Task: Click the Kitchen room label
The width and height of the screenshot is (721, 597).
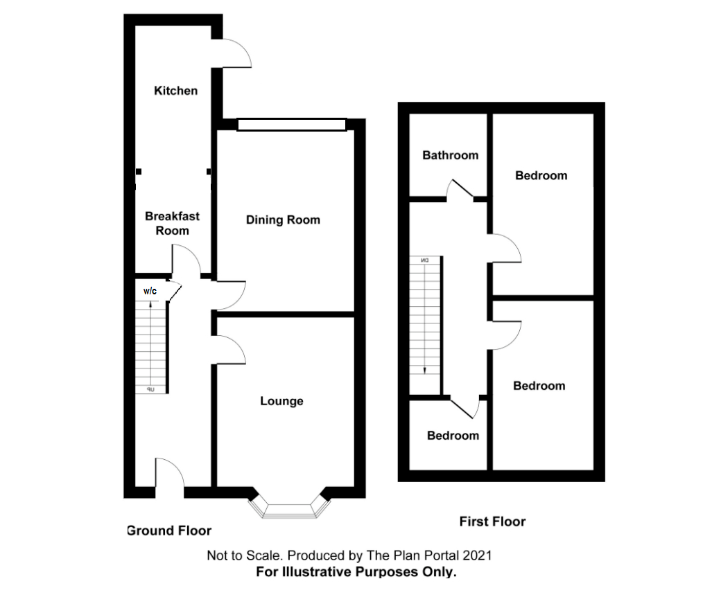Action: tap(175, 91)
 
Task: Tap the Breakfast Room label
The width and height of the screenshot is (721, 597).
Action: tap(172, 223)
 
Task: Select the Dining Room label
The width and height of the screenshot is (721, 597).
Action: tap(283, 220)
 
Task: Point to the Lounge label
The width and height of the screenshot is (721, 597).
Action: tap(281, 401)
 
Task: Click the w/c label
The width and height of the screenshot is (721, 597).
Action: tap(150, 291)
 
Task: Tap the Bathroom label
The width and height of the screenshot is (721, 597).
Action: tap(450, 155)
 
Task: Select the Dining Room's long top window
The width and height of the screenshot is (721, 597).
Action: tap(291, 124)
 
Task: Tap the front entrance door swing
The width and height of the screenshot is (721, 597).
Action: tap(170, 476)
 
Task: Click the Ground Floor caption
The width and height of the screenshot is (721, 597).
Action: tap(169, 531)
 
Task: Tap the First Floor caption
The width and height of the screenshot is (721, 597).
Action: tap(492, 522)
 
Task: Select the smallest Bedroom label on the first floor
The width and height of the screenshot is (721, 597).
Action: tap(452, 436)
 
